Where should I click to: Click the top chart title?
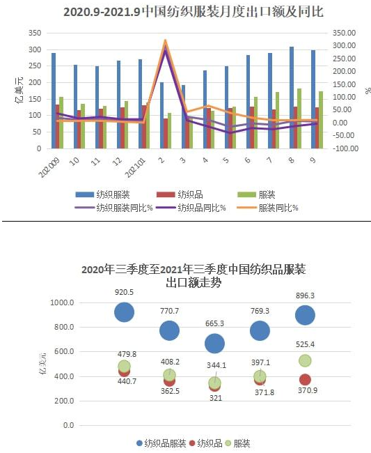194,12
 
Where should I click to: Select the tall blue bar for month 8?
292,98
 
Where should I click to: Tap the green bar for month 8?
299,118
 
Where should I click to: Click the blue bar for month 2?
162,115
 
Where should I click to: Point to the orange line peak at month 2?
165,40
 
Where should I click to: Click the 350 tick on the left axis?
35,33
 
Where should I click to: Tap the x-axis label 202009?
49,168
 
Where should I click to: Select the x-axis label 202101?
135,168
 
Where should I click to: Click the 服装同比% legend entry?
267,208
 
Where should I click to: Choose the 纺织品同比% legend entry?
191,208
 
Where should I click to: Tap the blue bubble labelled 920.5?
125,312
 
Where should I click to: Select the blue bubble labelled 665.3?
214,344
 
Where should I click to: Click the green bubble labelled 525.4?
305,361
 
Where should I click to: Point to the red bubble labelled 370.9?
305,380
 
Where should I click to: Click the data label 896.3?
306,295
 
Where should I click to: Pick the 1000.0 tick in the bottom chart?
62,302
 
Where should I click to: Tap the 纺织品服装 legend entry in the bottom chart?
161,443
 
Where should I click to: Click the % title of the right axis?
368,91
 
